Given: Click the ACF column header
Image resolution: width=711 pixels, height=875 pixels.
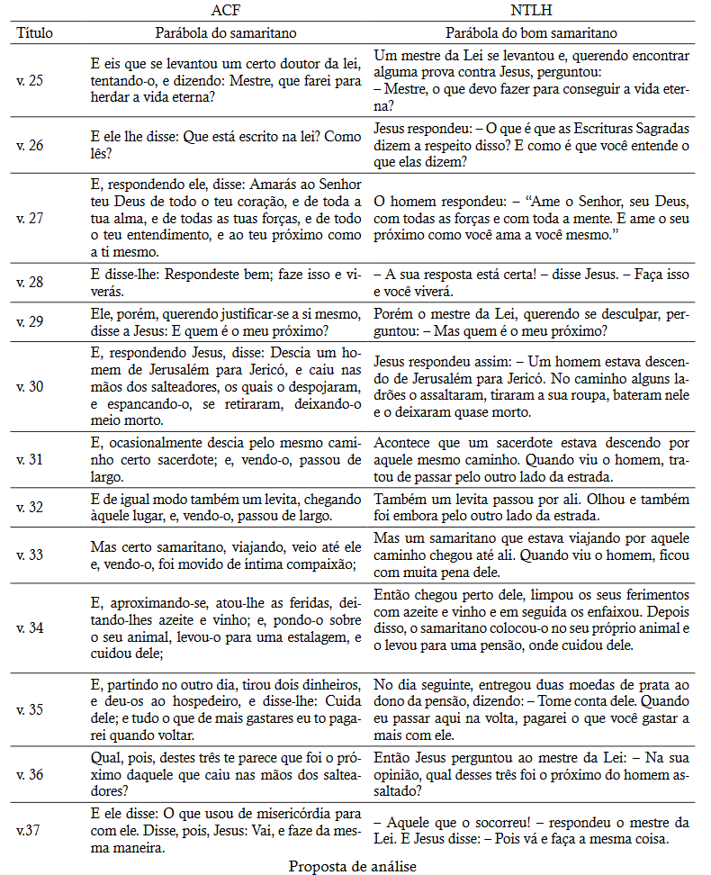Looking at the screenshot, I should [226, 11].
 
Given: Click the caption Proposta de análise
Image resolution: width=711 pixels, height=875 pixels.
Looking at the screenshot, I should [353, 865].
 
